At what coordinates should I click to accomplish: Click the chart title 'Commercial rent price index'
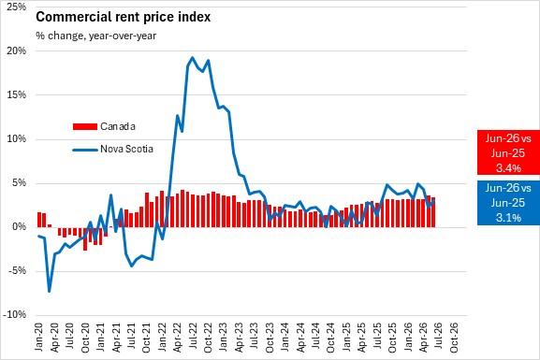pos(123,17)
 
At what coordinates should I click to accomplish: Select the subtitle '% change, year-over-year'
pos(96,36)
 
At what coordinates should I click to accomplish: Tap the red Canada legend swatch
pos(85,126)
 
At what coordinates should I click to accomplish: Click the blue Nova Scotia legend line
pos(85,150)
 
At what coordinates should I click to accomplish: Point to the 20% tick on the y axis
pos(17,50)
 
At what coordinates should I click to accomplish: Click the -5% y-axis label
pos(17,271)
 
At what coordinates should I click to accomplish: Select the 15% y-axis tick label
pos(17,94)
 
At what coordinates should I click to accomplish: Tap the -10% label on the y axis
pos(14,314)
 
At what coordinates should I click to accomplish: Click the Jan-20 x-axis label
pos(38,338)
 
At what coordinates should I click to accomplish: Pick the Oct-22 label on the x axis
pos(208,338)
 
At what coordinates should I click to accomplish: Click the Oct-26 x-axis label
pos(454,338)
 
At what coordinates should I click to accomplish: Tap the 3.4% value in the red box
pos(508,168)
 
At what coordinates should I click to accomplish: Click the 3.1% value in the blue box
pos(508,218)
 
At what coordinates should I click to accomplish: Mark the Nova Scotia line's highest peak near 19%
pos(192,57)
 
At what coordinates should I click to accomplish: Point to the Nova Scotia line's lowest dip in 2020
pos(49,291)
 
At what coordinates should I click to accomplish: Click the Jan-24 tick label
pos(285,338)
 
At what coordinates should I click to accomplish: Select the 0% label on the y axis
pos(20,227)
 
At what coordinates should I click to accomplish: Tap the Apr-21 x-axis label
pos(117,338)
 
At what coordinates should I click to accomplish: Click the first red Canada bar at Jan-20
pos(39,220)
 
